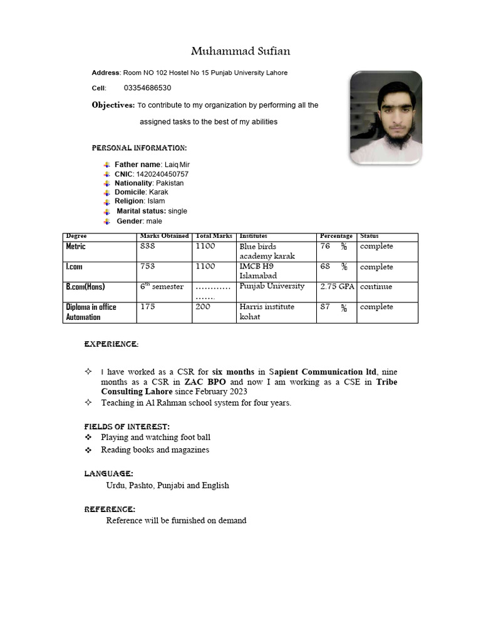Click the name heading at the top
[x=240, y=51]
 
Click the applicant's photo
[x=385, y=118]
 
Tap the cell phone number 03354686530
[x=147, y=88]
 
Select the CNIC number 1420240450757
[x=158, y=174]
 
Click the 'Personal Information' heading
[x=139, y=148]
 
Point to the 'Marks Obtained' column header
[x=164, y=236]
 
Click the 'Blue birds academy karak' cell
[x=267, y=251]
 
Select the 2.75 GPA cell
[x=337, y=287]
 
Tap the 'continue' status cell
[x=376, y=287]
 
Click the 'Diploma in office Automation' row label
[x=91, y=312]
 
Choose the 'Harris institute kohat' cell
[x=263, y=312]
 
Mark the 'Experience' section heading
[x=111, y=344]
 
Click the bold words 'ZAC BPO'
[x=205, y=382]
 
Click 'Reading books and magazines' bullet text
[x=155, y=450]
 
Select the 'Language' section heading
[x=108, y=474]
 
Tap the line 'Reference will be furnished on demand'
[x=176, y=521]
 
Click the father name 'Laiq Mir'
[x=177, y=165]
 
